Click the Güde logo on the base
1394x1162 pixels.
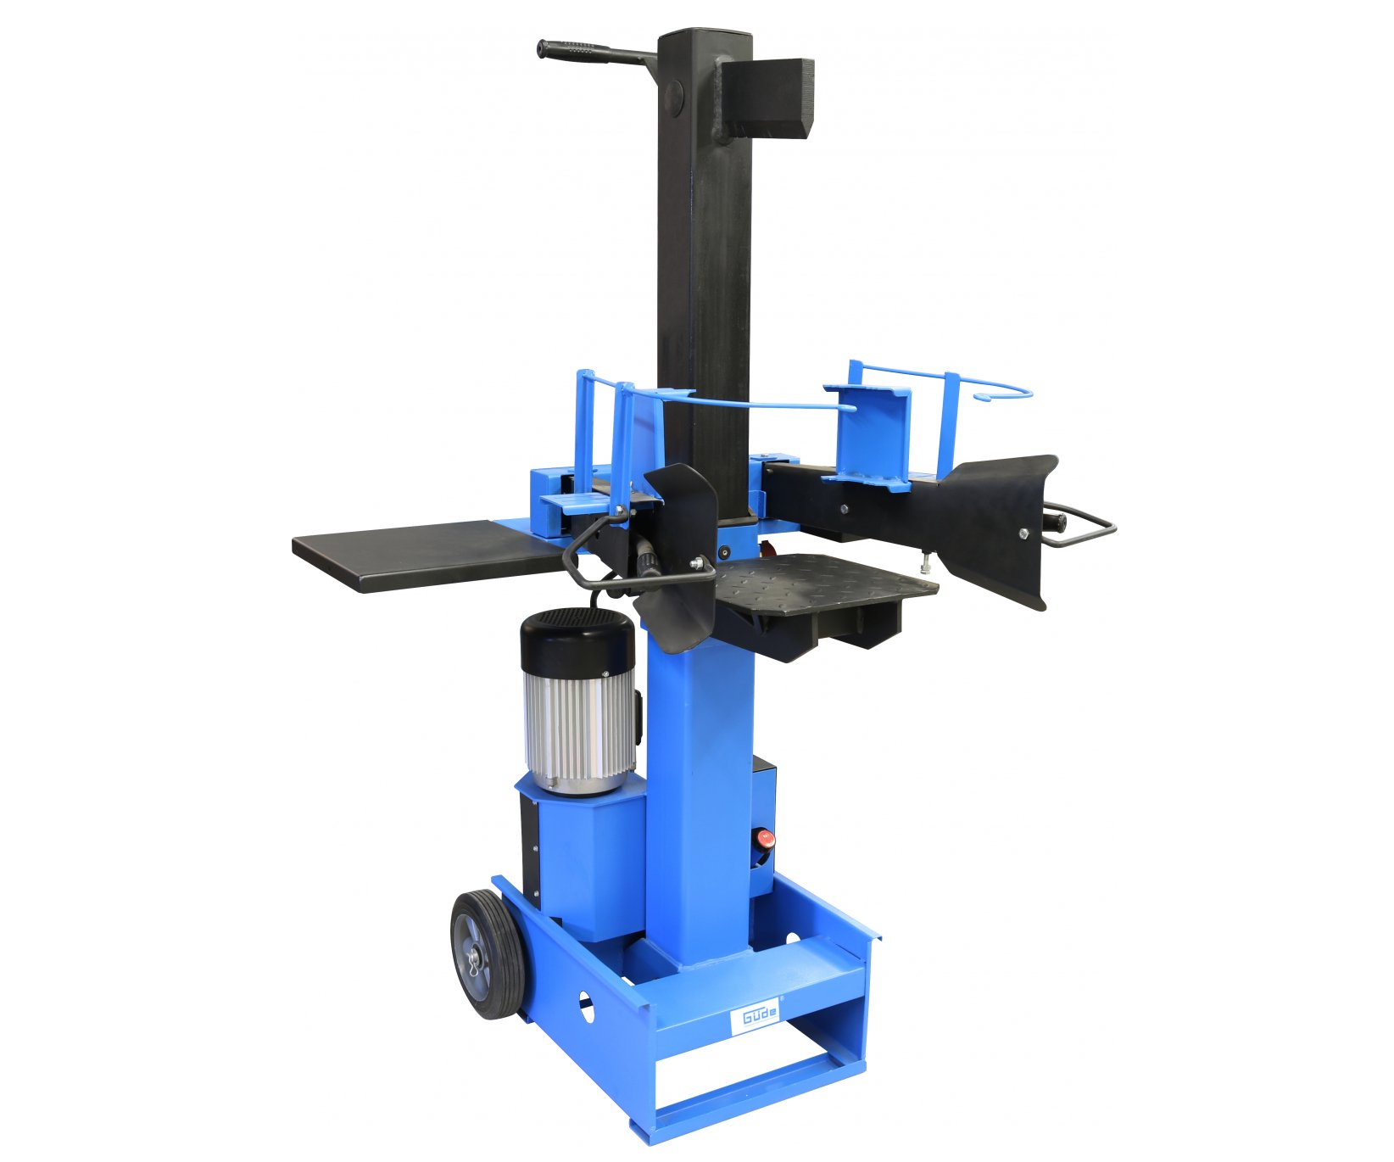pos(755,1017)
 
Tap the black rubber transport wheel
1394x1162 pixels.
pos(486,953)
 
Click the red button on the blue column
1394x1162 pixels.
pos(764,839)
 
